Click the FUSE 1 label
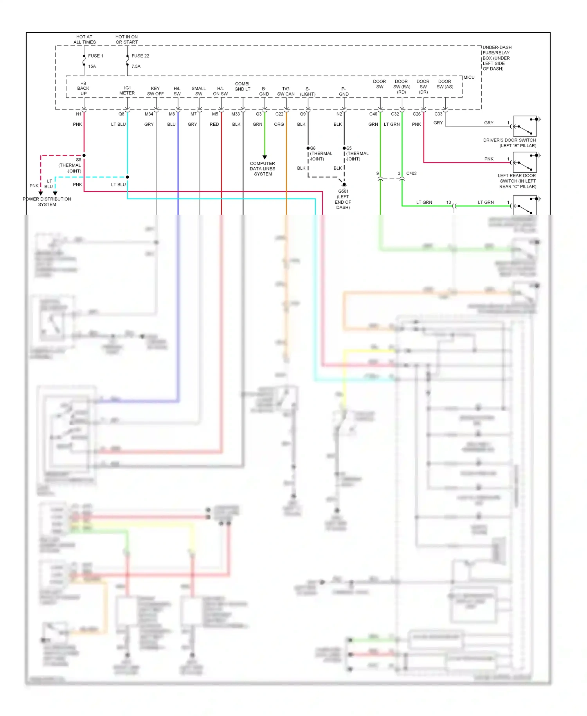click(95, 56)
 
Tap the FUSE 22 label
click(140, 56)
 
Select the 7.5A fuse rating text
click(136, 67)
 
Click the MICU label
click(469, 78)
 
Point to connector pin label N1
click(79, 114)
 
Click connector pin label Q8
click(121, 114)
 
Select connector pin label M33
click(236, 114)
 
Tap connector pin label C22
click(279, 114)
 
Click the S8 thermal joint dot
click(84, 155)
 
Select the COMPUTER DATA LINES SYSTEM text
click(263, 169)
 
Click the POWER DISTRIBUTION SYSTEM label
click(47, 202)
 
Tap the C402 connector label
click(411, 174)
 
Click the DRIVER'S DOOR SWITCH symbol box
click(524, 126)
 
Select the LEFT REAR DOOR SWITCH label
click(517, 181)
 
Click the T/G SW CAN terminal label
click(286, 91)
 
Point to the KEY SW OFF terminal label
click(155, 91)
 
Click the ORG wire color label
click(279, 125)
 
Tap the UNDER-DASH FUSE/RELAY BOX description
click(496, 58)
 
